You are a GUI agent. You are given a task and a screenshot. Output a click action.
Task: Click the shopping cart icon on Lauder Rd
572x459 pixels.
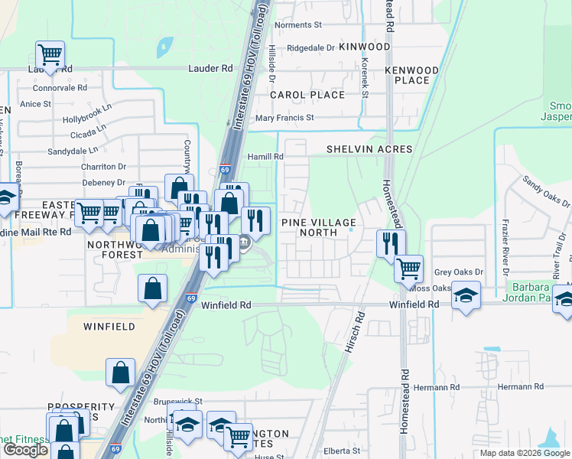pyautogui.click(x=50, y=56)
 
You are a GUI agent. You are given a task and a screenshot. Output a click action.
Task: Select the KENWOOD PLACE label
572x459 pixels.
pyautogui.click(x=411, y=75)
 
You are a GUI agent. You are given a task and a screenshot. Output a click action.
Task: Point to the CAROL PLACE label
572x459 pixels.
pyautogui.click(x=307, y=95)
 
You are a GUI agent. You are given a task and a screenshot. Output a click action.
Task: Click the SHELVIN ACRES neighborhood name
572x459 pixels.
pyautogui.click(x=369, y=149)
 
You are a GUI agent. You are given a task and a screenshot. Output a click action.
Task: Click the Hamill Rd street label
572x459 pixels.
pyautogui.click(x=265, y=157)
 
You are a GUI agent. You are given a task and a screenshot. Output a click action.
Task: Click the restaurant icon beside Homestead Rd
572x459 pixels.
pyautogui.click(x=391, y=244)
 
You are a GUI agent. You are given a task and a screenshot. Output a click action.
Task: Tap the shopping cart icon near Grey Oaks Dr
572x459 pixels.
pyautogui.click(x=409, y=269)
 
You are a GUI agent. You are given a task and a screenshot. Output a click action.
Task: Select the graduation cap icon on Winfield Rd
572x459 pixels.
pyautogui.click(x=466, y=295)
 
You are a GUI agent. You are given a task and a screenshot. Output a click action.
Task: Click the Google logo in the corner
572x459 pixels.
pyautogui.click(x=25, y=450)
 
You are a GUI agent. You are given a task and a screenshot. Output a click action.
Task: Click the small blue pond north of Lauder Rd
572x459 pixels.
pyautogui.click(x=164, y=47)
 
